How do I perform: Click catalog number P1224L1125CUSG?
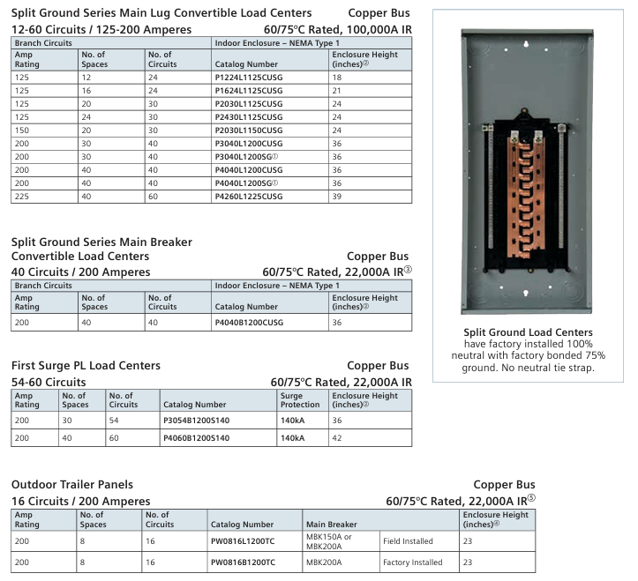pyautogui.click(x=248, y=78)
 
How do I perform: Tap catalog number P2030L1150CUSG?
pyautogui.click(x=248, y=130)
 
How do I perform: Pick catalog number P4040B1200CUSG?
pyautogui.click(x=249, y=324)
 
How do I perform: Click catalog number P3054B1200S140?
pyautogui.click(x=196, y=421)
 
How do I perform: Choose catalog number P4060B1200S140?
pyautogui.click(x=196, y=437)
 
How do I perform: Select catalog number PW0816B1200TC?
pyautogui.click(x=243, y=562)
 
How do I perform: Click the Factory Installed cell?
pyautogui.click(x=412, y=562)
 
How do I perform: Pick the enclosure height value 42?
pyautogui.click(x=337, y=437)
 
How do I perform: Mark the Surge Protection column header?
pyautogui.click(x=300, y=400)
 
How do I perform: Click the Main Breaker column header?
pyautogui.click(x=331, y=525)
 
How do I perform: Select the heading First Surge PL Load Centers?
pyautogui.click(x=86, y=365)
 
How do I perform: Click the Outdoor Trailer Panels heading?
pyautogui.click(x=72, y=485)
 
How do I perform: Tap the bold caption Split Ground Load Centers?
pyautogui.click(x=528, y=331)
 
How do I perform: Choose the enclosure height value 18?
pyautogui.click(x=337, y=78)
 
